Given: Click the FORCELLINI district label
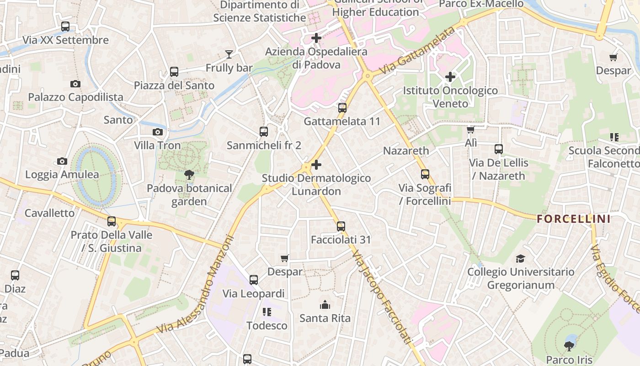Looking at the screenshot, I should pos(574,219).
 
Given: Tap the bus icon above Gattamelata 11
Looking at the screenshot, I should pos(342,108).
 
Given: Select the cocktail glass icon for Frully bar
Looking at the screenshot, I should pos(229,55).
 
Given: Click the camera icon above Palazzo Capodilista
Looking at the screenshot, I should pos(75,84).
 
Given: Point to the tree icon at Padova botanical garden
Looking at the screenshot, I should pos(189,174).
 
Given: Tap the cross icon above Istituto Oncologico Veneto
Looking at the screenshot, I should pos(450,77).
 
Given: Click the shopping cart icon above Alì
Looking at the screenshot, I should pos(470,130).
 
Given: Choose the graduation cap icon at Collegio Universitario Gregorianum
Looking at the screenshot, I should pos(520,259).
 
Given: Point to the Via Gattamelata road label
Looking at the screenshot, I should pos(418,51).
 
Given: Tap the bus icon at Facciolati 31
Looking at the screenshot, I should pos(341,226).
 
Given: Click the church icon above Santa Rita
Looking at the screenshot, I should pos(325,305).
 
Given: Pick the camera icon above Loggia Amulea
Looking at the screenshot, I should pos(62,161).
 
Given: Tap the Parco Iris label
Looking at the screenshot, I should pos(569,360).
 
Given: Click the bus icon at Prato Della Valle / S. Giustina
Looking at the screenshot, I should pos(112,222).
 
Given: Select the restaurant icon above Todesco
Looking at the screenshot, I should pos(267,312).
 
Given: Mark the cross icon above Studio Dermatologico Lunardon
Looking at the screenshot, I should pos(316,165).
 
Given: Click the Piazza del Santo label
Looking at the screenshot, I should pos(174,86).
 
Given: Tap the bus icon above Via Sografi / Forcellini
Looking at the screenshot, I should pos(425,174).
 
